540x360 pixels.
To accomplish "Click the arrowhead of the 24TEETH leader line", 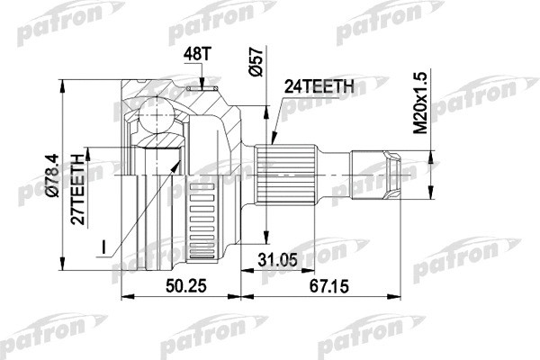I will pos(272,145).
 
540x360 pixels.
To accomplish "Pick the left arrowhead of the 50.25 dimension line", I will pos(124,294).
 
